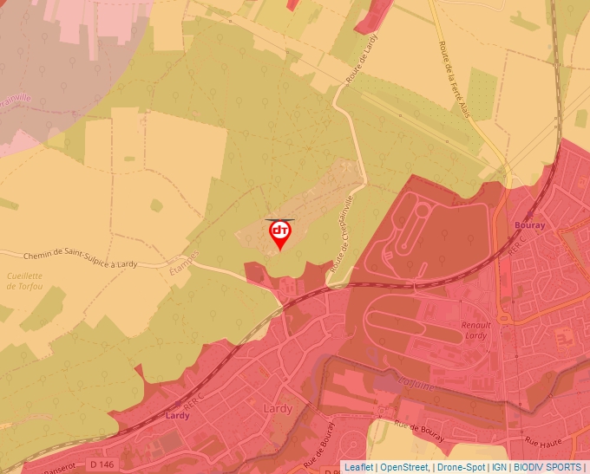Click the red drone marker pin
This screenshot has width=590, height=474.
point(280,234)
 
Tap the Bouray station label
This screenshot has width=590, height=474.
point(529,225)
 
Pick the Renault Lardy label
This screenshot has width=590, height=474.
point(476,330)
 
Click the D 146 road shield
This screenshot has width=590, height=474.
point(101,464)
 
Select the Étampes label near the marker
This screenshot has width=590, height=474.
point(183,262)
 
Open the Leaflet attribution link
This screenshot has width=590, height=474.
point(358,467)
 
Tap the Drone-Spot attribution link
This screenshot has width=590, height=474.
point(461,467)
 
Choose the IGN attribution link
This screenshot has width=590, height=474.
point(500,467)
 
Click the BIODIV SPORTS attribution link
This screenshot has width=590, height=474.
point(547,467)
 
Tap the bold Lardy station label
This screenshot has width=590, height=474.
point(177,415)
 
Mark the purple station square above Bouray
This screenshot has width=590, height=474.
point(529,214)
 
